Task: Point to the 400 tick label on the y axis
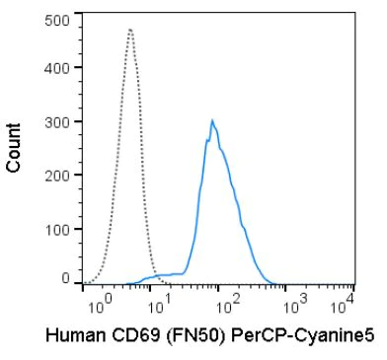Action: pos(58,71)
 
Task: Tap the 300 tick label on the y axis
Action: pos(58,123)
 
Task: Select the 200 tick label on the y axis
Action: pos(58,176)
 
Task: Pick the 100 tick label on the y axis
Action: pos(58,228)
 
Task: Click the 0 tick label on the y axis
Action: pos(66,279)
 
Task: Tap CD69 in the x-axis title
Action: pos(129,335)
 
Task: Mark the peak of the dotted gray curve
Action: pos(130,29)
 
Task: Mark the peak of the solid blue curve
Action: pos(212,120)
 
